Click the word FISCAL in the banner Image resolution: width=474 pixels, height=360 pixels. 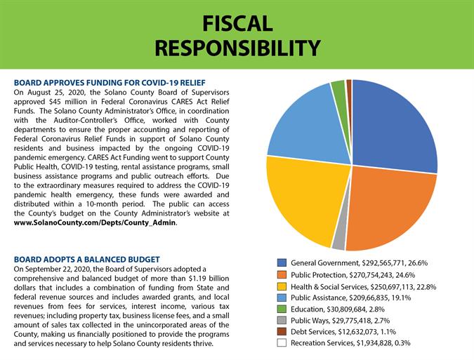(237, 24)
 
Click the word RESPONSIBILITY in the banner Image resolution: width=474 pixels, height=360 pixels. (237, 48)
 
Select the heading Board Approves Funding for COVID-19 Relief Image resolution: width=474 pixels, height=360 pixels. (110, 83)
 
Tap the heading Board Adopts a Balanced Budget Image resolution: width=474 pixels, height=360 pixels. (87, 260)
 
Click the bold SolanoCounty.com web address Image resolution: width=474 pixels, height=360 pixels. (95, 223)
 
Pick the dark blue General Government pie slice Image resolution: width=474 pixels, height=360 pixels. (393, 124)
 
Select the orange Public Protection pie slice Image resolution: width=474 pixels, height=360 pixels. (390, 208)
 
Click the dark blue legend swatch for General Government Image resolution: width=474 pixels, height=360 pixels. (282, 262)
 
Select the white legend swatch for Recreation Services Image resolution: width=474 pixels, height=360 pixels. (282, 342)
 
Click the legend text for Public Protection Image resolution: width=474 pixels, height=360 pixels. (353, 275)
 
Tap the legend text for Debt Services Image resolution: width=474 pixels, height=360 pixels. (343, 332)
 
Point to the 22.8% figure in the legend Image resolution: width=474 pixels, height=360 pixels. (426, 286)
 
